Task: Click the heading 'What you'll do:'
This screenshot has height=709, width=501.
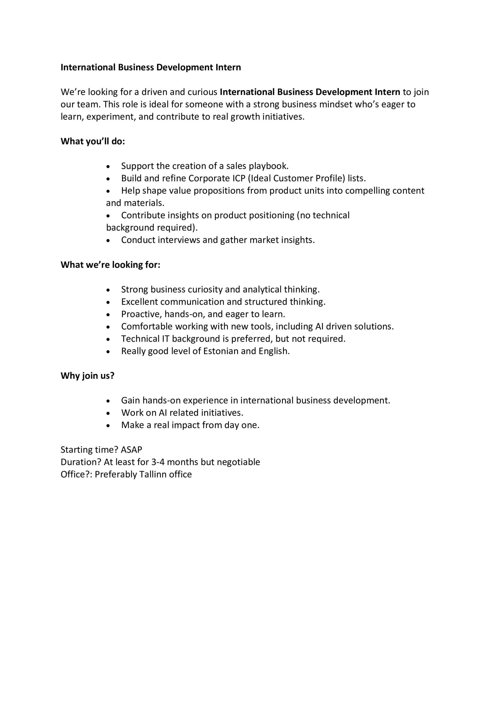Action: [93, 142]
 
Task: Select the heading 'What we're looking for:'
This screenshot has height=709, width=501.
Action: [110, 265]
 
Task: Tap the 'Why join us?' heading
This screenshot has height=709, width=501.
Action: [87, 376]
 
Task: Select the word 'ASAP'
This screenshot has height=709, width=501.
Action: [131, 449]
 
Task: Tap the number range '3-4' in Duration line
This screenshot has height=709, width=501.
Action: [158, 462]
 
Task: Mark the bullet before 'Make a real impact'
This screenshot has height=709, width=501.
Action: [108, 425]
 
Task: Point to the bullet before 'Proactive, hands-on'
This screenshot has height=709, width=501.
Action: [108, 315]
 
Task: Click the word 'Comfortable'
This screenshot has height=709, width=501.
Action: [147, 327]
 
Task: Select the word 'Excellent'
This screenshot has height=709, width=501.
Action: [140, 302]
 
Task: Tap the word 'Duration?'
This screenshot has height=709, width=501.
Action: [81, 462]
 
